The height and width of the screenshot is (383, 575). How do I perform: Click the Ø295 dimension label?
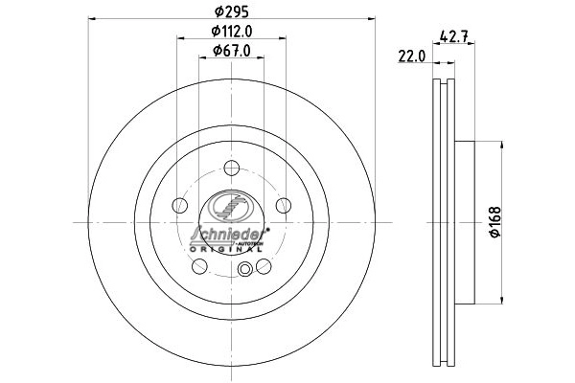click(231, 11)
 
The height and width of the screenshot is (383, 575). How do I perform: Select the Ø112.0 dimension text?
click(232, 32)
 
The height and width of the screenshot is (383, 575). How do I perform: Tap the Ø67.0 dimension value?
click(232, 51)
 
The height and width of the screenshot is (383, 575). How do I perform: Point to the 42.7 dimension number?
click(453, 36)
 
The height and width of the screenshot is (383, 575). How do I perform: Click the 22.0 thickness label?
click(412, 56)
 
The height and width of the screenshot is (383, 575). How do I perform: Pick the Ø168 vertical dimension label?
click(495, 222)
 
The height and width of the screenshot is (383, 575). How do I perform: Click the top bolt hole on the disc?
click(231, 168)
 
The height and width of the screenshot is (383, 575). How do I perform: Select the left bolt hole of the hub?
click(180, 205)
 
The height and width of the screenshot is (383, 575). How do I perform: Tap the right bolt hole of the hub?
click(284, 205)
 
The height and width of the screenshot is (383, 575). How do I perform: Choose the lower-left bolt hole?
click(199, 266)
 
